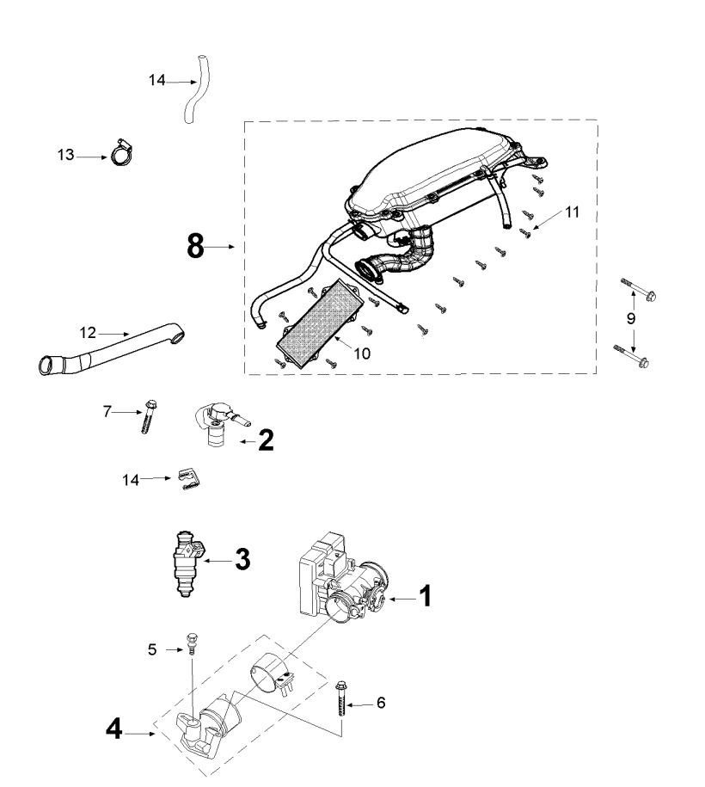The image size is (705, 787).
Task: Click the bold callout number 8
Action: click(196, 247)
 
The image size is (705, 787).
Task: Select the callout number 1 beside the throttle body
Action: click(425, 597)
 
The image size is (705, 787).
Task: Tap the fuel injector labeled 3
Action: click(187, 563)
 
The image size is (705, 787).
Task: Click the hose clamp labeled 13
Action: click(121, 152)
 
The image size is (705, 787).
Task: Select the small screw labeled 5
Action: click(191, 643)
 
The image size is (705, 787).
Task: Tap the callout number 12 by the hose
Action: click(88, 332)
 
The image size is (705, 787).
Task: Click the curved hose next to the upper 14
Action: click(197, 89)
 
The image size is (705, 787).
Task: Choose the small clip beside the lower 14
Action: click(188, 479)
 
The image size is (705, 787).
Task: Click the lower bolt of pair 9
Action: click(631, 356)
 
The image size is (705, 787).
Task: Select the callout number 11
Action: click(572, 212)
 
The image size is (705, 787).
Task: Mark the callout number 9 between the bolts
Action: click(631, 318)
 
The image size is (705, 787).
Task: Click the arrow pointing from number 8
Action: click(220, 247)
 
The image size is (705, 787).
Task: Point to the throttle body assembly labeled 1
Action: click(344, 578)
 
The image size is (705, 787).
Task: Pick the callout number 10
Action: click(362, 354)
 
